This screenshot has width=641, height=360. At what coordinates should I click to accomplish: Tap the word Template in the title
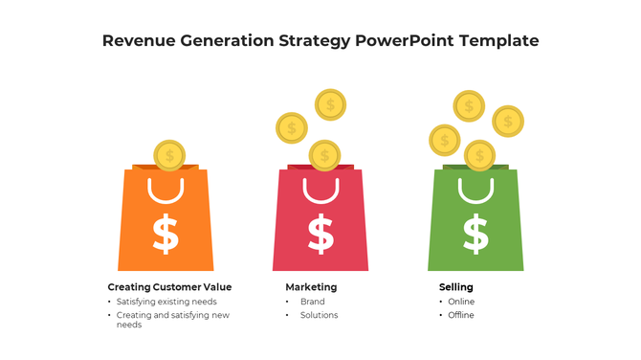pos(498,41)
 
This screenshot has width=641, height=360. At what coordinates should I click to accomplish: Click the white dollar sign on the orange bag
pos(166,235)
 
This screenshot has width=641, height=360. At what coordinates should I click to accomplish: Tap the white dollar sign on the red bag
pos(320,235)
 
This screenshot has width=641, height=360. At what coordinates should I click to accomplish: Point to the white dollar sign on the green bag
pos(475,235)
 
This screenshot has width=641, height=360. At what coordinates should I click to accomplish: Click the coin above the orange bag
pos(169,155)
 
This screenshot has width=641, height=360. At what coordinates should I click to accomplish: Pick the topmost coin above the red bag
pos(330,104)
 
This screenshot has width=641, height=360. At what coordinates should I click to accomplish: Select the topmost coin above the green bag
pos(469,105)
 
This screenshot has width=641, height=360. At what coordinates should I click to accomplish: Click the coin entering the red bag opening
pos(324,155)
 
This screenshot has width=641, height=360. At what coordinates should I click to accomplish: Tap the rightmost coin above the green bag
pos(507,122)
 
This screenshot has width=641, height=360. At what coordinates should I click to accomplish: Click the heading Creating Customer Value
pos(169,287)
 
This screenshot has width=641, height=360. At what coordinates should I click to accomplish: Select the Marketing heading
pos(311,287)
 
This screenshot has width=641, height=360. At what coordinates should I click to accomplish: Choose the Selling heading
pos(455,287)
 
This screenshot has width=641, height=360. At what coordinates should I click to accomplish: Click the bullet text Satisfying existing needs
pos(173,302)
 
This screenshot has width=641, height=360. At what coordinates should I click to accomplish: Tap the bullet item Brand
pos(312,302)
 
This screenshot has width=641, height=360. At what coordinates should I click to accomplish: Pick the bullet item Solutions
pos(319,315)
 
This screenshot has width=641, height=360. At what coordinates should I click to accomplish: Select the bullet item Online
pos(461,302)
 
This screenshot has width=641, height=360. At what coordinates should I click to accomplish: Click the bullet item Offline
pos(461,315)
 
